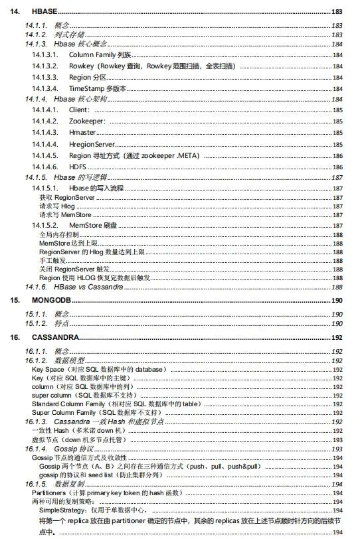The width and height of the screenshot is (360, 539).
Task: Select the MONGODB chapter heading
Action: click(50, 301)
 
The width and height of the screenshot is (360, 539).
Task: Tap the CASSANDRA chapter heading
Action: click(55, 338)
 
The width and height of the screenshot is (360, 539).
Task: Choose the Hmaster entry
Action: click(83, 133)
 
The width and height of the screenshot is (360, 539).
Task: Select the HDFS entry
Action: click(77, 166)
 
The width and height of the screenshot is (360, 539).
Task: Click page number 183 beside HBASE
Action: click(337, 13)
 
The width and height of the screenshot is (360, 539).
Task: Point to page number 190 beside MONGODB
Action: click(337, 301)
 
